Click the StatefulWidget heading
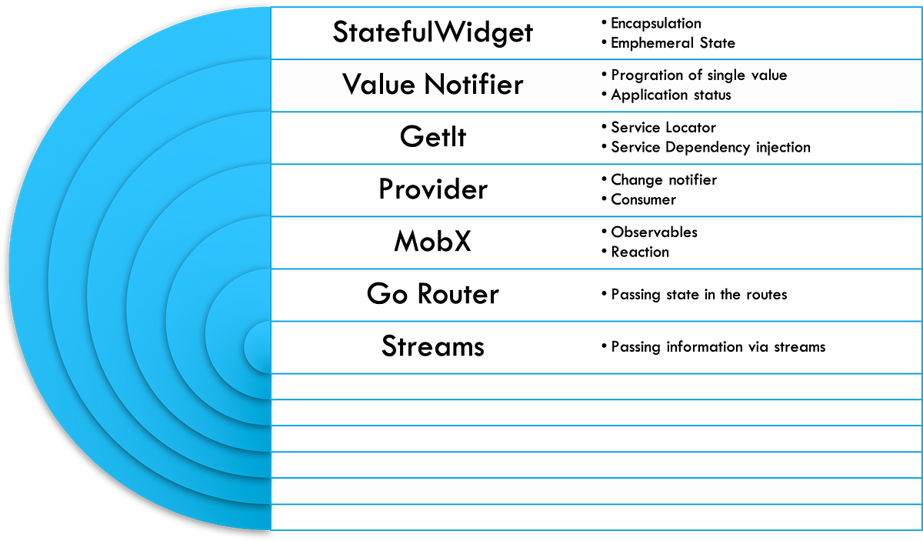click(x=433, y=32)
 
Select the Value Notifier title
click(x=433, y=84)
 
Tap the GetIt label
click(x=433, y=137)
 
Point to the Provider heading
click(x=433, y=189)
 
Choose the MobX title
click(x=433, y=242)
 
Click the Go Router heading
click(x=433, y=294)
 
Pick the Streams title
click(x=433, y=346)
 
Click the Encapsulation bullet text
click(x=655, y=23)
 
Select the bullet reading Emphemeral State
click(x=672, y=43)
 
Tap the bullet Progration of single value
click(x=698, y=75)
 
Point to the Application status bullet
click(x=671, y=95)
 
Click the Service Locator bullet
click(x=663, y=128)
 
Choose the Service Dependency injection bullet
click(x=710, y=147)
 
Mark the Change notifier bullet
click(x=663, y=180)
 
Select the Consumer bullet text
click(x=643, y=200)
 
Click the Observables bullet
click(x=654, y=232)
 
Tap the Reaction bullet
click(x=639, y=252)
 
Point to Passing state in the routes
click(x=698, y=294)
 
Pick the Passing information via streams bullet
click(x=718, y=346)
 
